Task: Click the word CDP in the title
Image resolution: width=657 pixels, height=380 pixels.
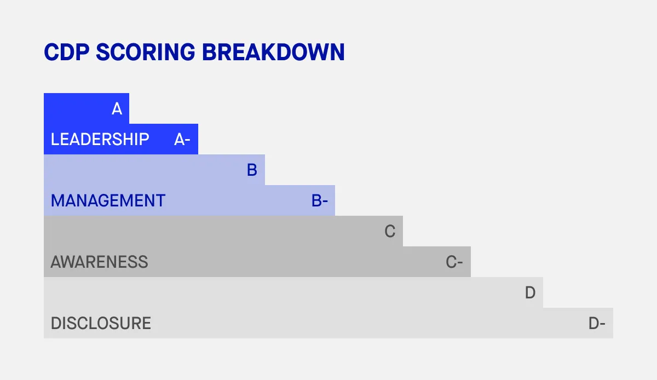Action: tap(66, 52)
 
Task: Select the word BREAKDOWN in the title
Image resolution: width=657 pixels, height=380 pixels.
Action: tap(273, 52)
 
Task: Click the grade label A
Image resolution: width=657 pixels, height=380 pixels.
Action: tap(117, 109)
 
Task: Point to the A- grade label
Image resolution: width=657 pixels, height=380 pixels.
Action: tap(182, 140)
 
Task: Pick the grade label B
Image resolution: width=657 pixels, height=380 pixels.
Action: tap(252, 170)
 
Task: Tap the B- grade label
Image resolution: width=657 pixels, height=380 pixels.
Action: tap(320, 201)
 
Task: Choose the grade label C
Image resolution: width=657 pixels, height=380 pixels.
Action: tap(390, 232)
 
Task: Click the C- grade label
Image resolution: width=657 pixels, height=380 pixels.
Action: tap(455, 262)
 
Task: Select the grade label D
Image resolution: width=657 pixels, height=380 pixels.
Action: tap(530, 293)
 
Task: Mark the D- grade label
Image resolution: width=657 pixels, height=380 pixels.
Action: tap(597, 324)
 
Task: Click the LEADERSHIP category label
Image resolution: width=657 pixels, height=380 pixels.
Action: tap(100, 140)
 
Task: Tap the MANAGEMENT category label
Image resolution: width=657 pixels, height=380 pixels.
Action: tap(108, 201)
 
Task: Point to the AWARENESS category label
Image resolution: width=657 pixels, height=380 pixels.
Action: tap(99, 262)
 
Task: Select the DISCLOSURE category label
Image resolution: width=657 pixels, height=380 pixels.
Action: tap(101, 324)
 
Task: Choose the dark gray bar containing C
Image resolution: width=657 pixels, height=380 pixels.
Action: tap(219, 231)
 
